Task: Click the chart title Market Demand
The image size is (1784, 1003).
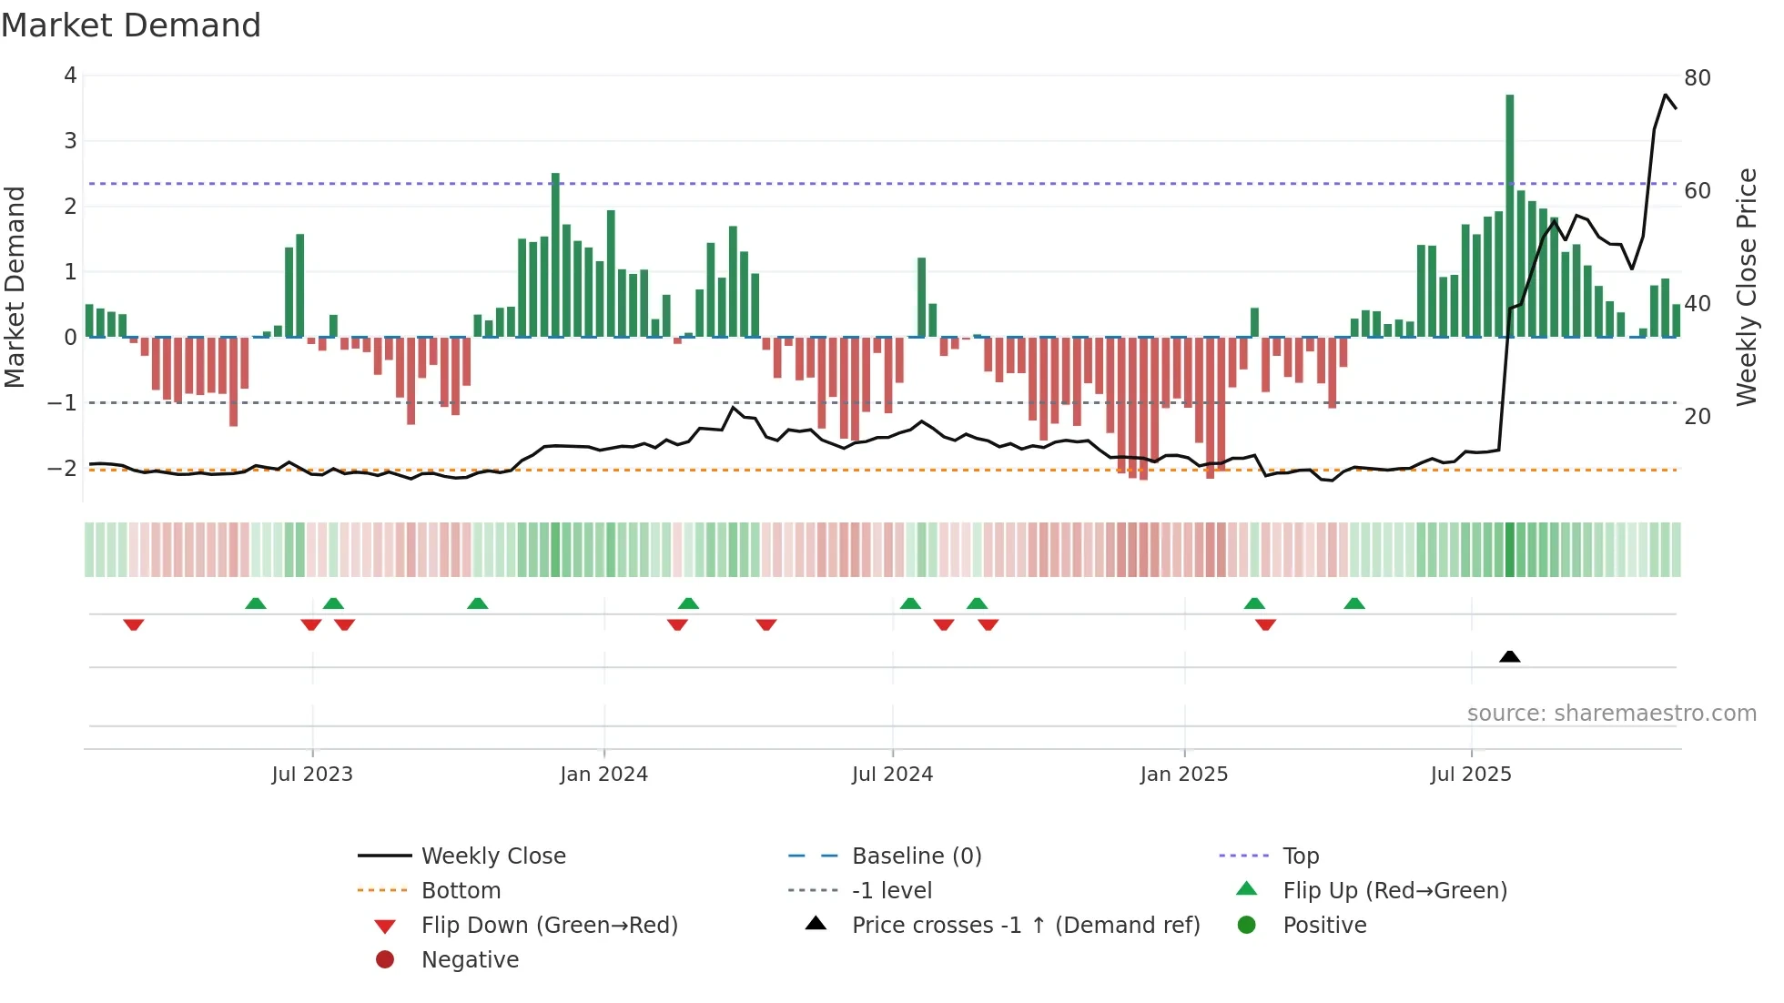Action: pos(131,25)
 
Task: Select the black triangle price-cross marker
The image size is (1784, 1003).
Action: pos(1509,656)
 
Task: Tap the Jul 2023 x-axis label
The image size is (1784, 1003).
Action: pos(312,775)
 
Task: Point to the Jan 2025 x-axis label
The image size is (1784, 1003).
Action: pos(1183,775)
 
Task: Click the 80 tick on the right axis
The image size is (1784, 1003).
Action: pos(1697,78)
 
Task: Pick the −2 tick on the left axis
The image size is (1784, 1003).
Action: pos(62,468)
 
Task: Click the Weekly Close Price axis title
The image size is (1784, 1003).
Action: pos(1746,287)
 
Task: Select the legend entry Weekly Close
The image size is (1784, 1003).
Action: pos(492,856)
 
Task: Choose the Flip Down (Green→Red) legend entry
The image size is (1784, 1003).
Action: pos(549,926)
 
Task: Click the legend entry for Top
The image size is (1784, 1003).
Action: pos(1300,856)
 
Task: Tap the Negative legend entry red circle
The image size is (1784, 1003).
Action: pos(385,960)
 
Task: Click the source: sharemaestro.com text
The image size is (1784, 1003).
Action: pos(1611,714)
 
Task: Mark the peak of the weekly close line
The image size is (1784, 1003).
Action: pos(1666,95)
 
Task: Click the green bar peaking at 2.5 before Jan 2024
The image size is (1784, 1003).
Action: pos(555,255)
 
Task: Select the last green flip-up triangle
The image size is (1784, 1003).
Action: pos(1354,603)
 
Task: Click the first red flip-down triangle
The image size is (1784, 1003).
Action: pos(134,624)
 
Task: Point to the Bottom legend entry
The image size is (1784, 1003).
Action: pos(461,891)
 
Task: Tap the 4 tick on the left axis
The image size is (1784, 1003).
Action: pos(70,76)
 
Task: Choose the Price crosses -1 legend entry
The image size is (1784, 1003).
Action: pos(1025,926)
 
